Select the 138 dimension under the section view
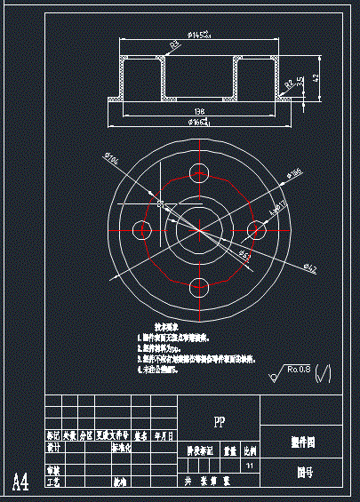pos(199,110)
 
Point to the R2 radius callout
pos(290,85)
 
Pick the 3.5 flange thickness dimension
pos(300,81)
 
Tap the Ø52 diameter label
pos(245,255)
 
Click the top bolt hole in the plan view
pos(201,171)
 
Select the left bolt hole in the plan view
pos(141,229)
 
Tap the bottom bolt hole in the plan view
pos(201,288)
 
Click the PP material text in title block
pos(219,421)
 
